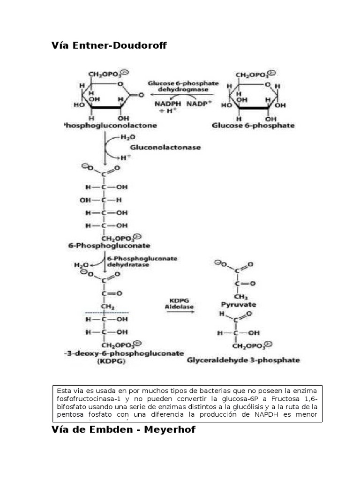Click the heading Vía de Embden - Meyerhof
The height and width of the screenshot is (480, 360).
[123, 429]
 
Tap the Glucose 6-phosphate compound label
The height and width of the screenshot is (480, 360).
[253, 126]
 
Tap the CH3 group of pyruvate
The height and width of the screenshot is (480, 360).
[241, 296]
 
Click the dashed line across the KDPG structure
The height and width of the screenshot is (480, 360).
[108, 312]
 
